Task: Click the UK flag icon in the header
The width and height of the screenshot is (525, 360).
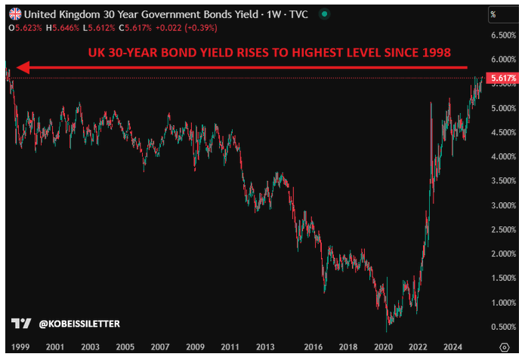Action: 14,13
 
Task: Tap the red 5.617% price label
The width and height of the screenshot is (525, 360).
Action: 502,78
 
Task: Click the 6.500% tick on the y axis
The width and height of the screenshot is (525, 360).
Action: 502,35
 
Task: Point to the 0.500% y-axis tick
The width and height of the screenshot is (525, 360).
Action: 502,327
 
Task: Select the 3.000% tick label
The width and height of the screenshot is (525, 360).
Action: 502,205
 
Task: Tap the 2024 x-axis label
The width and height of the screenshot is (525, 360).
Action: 452,347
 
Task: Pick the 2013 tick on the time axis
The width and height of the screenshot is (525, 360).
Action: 265,347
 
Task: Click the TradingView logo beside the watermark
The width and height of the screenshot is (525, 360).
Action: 22,324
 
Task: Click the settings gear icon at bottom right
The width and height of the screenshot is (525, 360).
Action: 505,347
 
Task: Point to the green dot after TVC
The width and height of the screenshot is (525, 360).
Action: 324,13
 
